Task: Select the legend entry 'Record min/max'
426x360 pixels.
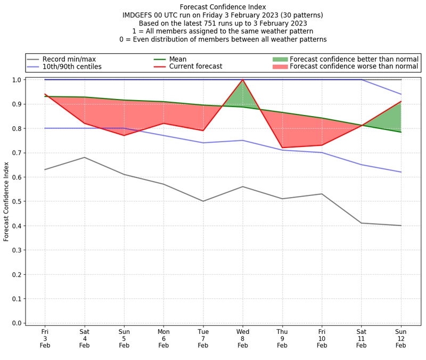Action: pyautogui.click(x=69, y=59)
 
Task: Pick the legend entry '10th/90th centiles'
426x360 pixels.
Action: pyautogui.click(x=72, y=67)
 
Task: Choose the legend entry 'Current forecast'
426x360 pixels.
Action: pyautogui.click(x=195, y=67)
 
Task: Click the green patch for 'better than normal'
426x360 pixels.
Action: pyautogui.click(x=280, y=59)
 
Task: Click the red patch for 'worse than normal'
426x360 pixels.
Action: pyautogui.click(x=280, y=67)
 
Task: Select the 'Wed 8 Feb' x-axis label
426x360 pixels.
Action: pyautogui.click(x=243, y=338)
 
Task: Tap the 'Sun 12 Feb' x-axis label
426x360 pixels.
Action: pyautogui.click(x=401, y=338)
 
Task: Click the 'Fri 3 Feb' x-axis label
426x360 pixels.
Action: pyautogui.click(x=45, y=338)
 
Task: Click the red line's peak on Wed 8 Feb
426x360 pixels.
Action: pyautogui.click(x=243, y=80)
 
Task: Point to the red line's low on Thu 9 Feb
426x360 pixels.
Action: pyautogui.click(x=282, y=148)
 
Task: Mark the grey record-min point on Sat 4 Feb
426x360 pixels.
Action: pyautogui.click(x=84, y=157)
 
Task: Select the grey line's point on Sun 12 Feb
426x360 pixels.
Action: pyautogui.click(x=401, y=226)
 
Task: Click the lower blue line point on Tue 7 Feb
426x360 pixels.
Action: pyautogui.click(x=203, y=143)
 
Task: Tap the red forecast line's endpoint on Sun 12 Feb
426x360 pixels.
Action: pyautogui.click(x=401, y=101)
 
